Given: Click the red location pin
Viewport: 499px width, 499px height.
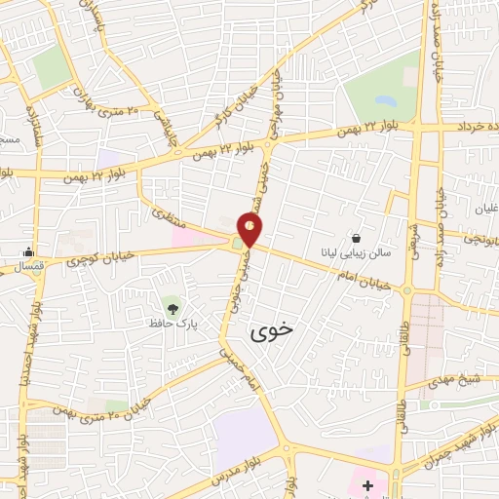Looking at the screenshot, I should coord(250,228).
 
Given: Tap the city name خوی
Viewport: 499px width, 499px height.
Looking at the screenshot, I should coord(271,331).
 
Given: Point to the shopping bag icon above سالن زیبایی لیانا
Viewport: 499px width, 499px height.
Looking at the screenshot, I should coord(357,238).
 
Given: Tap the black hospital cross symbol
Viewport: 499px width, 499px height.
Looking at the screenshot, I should coord(367,484).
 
